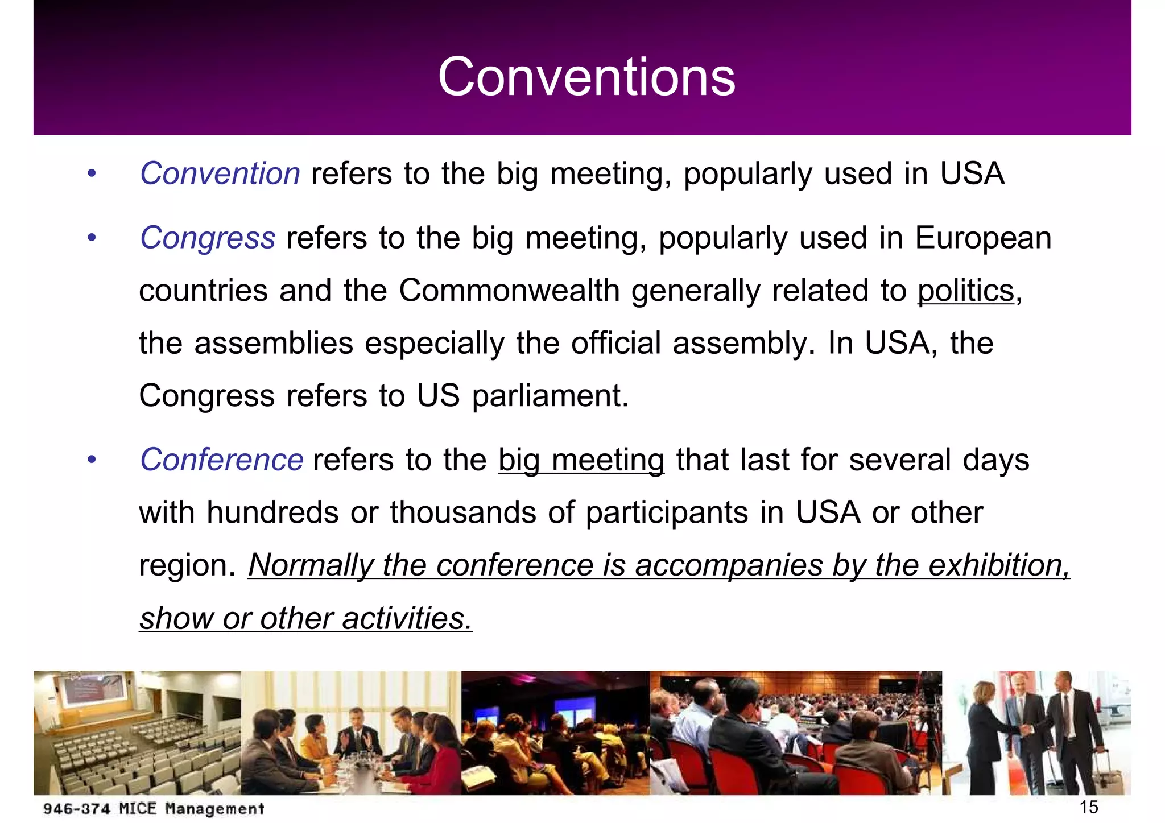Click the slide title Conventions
pos(586,77)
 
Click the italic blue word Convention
pos(220,173)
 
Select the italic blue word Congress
pos(208,238)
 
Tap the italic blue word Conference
pos(221,460)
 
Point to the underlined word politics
pos(965,291)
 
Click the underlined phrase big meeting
pos(581,460)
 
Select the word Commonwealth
pos(509,291)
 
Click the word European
pos(983,238)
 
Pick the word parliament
pos(550,396)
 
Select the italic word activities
pos(407,618)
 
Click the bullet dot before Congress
pos(92,238)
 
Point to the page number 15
pos(1088,807)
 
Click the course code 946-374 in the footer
pos(76,808)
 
